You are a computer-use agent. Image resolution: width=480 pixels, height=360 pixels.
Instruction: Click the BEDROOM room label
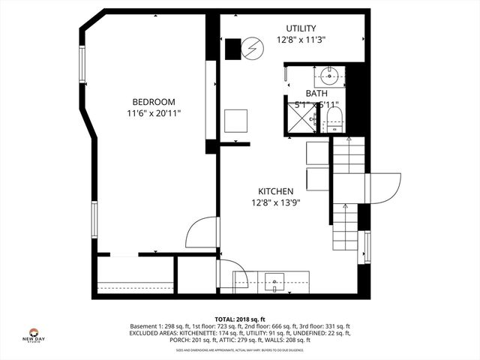(x=154, y=102)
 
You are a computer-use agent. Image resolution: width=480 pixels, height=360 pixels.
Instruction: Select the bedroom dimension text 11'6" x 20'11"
(x=154, y=113)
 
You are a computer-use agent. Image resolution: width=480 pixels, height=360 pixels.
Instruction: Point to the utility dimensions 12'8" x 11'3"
(x=301, y=40)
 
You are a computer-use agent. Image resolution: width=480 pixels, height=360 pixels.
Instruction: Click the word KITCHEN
(x=275, y=191)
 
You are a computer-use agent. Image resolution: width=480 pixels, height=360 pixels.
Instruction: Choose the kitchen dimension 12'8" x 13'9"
(x=275, y=202)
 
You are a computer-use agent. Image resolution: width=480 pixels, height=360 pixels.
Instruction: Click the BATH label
(x=316, y=94)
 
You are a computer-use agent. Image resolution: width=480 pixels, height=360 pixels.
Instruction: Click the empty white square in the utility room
(x=237, y=121)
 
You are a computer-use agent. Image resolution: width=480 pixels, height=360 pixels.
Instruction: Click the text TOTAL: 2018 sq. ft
(x=240, y=319)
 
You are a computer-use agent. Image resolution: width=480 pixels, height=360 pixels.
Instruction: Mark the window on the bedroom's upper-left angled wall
(x=83, y=66)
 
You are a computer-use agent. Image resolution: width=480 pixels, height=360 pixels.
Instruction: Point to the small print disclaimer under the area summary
(x=240, y=350)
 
